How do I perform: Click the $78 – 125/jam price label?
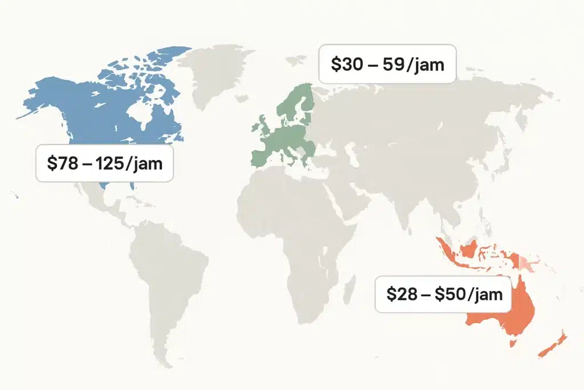click(104, 164)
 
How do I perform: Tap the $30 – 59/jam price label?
click(387, 65)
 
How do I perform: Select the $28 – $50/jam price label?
click(443, 295)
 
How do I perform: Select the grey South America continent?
click(165, 274)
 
